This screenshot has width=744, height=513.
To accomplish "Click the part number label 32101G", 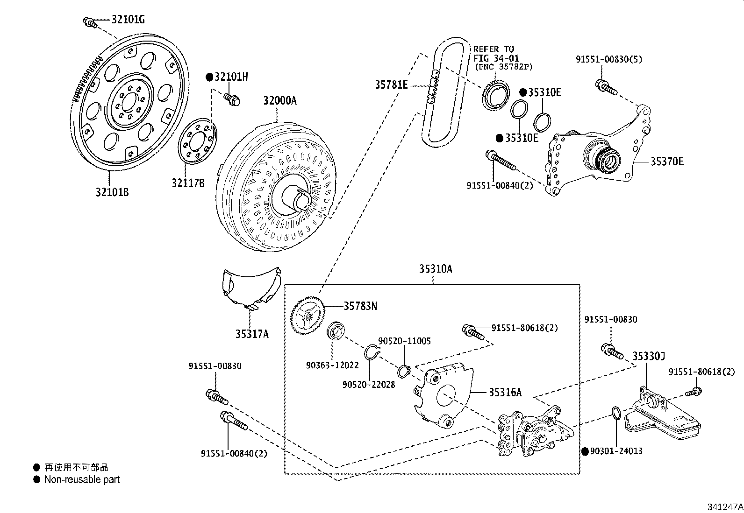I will pos(128,19).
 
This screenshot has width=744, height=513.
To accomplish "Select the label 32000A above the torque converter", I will pos(279,101).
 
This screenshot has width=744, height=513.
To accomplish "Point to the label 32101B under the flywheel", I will pos(112,192).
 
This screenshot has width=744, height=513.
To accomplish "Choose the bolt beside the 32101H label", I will pos(231,98).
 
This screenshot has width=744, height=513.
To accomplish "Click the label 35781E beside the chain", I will pos(391,84).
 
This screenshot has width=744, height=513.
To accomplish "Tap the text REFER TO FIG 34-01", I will pos(494,53).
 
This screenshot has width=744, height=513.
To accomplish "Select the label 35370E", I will pos(667,162).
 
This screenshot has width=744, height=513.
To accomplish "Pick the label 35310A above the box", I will pos(435,269).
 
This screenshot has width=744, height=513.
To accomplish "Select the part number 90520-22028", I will pos(368,384).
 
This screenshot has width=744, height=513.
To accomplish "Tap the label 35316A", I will pos(505,392).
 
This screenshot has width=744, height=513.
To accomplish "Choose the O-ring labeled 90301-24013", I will pos(616,413).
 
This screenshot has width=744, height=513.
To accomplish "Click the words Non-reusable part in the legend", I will pos(82,479).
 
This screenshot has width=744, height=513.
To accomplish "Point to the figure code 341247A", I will pos(724,506).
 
